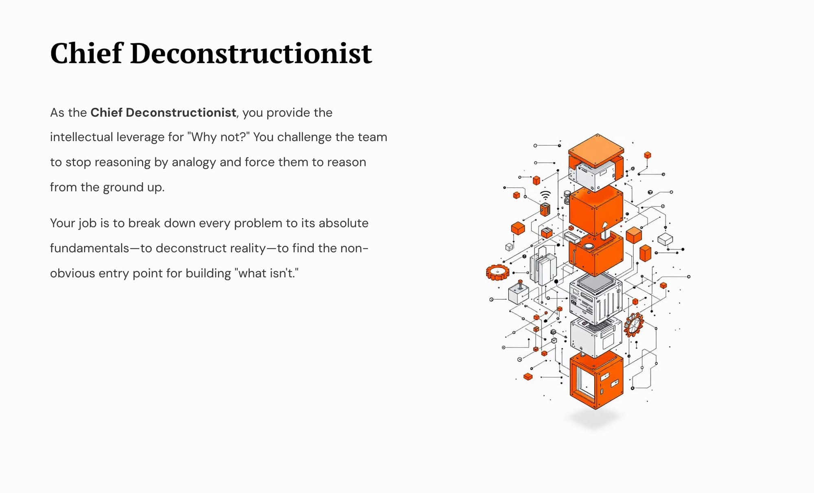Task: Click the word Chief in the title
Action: coord(86,53)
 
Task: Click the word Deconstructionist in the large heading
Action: coord(251,53)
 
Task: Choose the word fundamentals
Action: coord(90,248)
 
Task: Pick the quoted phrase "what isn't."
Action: coord(267,273)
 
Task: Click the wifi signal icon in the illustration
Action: coord(545,195)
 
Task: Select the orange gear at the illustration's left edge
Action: coord(497,272)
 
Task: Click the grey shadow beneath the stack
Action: coord(595,418)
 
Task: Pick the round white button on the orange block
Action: coord(589,246)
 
